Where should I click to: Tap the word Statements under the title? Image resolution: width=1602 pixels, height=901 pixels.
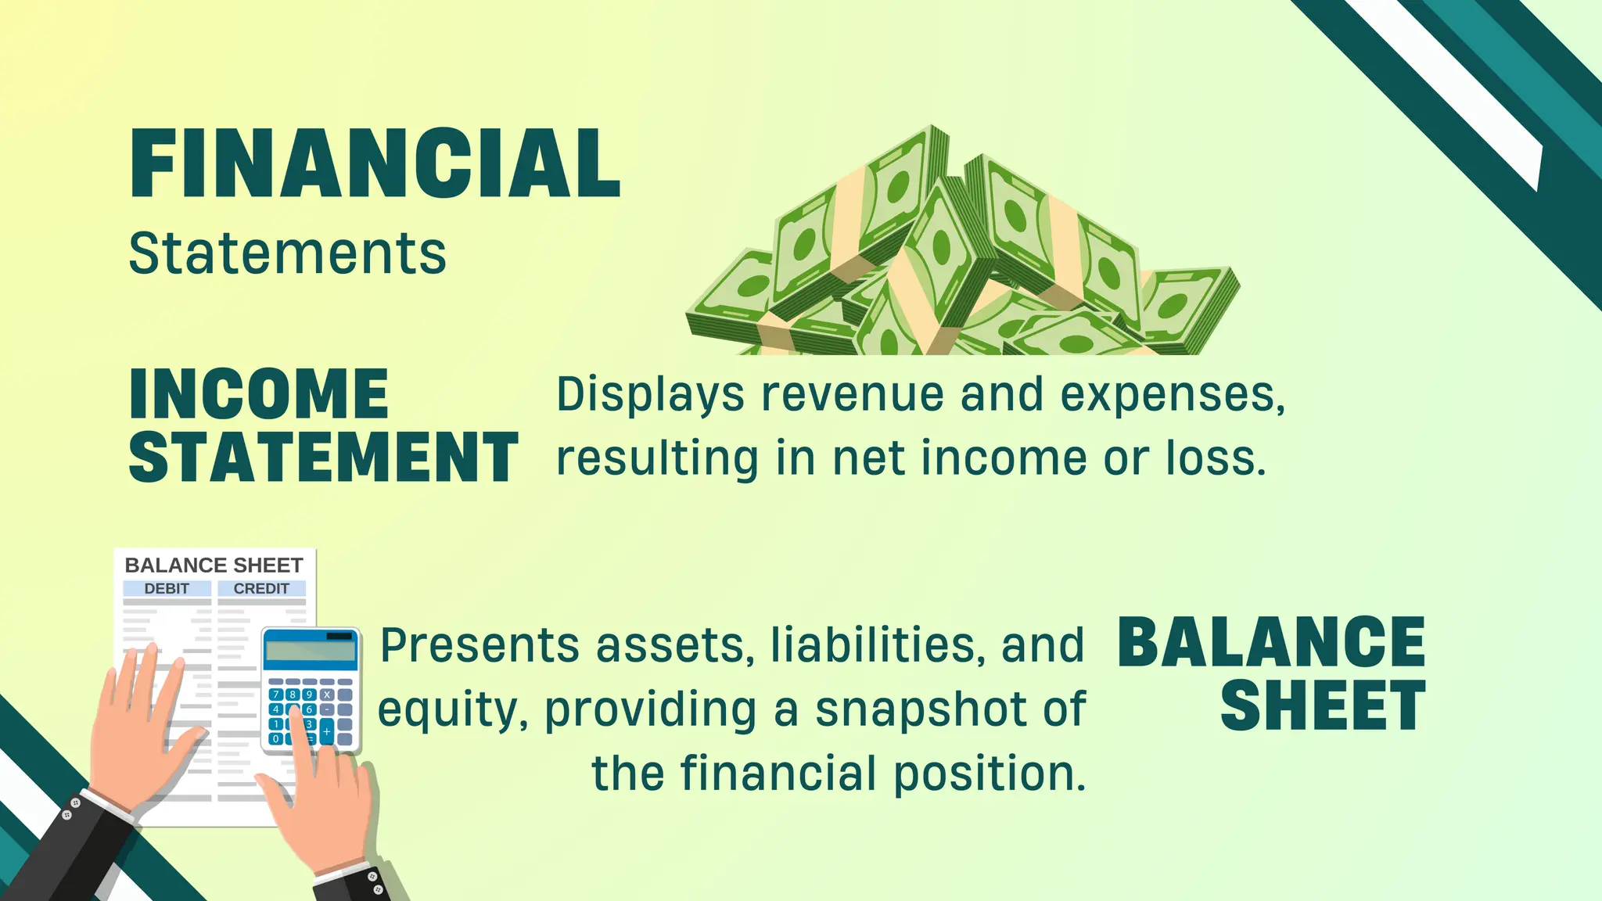[x=287, y=253]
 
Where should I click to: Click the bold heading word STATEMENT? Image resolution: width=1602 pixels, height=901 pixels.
[x=324, y=457]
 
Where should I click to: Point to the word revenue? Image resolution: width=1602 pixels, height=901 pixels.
[x=853, y=394]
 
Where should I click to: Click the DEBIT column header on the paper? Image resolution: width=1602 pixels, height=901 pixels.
[x=167, y=588]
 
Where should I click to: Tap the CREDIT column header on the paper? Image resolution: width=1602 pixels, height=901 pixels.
[x=261, y=588]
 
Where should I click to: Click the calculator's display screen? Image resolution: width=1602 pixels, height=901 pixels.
[x=310, y=650]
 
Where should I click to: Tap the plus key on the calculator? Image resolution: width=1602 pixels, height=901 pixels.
[x=327, y=731]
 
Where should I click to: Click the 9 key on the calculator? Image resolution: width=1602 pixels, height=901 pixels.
[x=309, y=695]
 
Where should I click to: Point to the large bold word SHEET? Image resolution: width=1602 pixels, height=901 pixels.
[x=1323, y=706]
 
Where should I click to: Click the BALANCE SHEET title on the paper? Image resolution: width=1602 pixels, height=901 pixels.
[x=214, y=565]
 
